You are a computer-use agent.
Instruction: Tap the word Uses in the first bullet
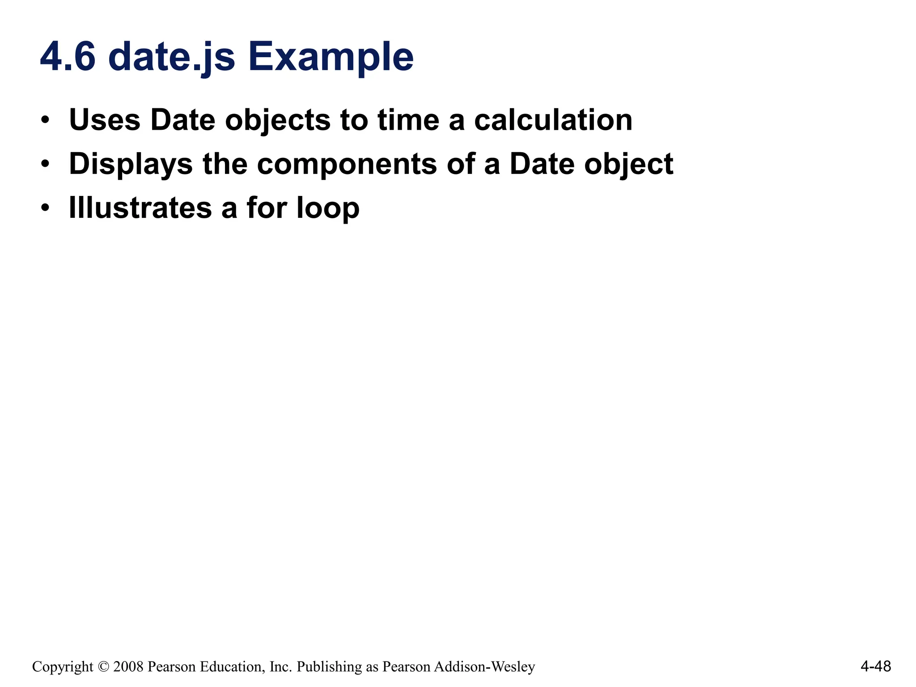click(x=105, y=120)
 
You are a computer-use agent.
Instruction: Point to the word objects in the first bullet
click(x=277, y=121)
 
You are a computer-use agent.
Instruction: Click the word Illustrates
click(x=140, y=208)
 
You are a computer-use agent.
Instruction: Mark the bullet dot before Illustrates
click(x=45, y=208)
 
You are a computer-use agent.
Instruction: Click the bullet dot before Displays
click(x=45, y=164)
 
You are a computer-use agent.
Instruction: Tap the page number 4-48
click(x=875, y=666)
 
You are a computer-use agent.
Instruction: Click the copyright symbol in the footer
click(x=103, y=667)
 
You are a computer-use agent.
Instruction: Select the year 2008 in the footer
click(x=128, y=667)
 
